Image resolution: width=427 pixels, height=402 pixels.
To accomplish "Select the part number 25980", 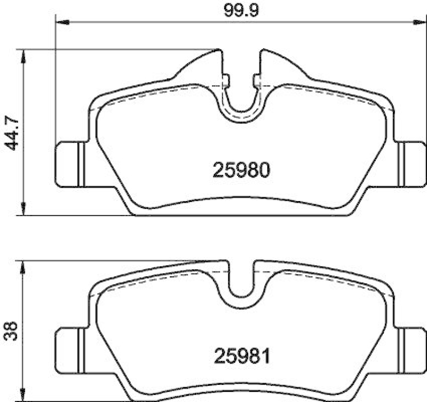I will click(x=243, y=171).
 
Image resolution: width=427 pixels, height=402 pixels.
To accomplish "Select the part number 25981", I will click(x=243, y=354).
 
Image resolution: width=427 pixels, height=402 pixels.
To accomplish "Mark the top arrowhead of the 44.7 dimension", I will click(x=22, y=54).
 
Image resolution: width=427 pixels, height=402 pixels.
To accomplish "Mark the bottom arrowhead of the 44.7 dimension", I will click(x=22, y=211).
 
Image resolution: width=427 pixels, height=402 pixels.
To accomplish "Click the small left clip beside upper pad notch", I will click(x=226, y=81).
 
